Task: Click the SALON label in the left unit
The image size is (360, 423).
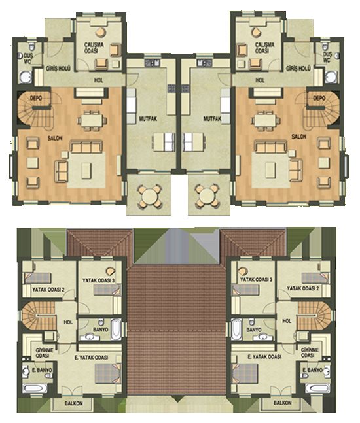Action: pos(55,138)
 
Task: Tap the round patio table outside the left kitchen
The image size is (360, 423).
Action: pos(149,195)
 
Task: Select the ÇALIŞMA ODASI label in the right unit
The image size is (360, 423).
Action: pos(264,47)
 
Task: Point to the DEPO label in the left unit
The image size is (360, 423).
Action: pos(35,98)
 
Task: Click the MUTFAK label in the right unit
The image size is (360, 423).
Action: pos(212,118)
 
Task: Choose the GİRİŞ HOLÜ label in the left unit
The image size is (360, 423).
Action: pos(58,69)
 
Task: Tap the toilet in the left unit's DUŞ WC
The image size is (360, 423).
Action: pos(32,46)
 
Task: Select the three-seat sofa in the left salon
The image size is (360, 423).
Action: pos(86,146)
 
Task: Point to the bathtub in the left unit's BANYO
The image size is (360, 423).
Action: pos(116,330)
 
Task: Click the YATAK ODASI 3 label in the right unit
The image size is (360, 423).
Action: pos(256,280)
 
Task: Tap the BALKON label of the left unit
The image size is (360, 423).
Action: pos(73,403)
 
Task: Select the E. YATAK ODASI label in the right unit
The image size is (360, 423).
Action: pos(264,356)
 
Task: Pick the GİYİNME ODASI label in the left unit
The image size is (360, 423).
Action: pos(45,353)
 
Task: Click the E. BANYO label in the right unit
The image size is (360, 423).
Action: pos(312,370)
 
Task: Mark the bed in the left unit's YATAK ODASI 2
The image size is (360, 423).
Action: pos(37,278)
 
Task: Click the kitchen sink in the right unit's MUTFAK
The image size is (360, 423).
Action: pos(204,63)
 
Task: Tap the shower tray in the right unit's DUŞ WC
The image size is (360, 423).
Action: pos(331,77)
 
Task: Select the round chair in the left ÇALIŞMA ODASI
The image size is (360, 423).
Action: pos(101,32)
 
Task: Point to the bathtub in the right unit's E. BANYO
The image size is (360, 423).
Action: pos(317,388)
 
